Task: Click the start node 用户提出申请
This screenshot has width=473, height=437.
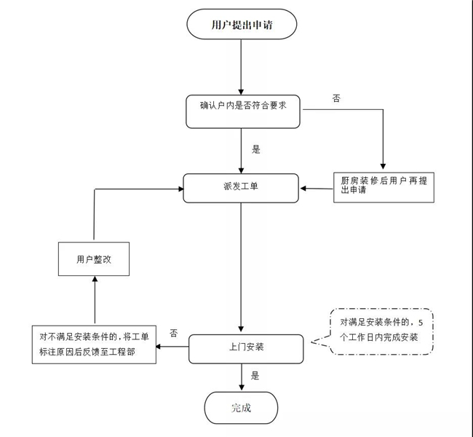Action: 242,25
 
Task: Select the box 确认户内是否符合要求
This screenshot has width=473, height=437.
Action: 241,111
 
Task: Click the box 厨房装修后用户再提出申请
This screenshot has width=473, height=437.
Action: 383,187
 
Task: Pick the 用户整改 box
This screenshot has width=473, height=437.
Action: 93,259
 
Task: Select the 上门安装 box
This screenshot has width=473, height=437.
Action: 245,348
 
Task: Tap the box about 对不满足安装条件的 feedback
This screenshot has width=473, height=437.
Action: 92,344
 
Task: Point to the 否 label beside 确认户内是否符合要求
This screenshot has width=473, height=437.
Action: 336,98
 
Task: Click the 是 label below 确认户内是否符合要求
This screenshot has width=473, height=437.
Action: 255,149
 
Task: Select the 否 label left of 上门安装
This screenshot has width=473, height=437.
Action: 173,333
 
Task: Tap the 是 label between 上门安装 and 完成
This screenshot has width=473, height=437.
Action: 255,376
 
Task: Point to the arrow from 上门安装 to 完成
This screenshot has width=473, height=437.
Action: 241,377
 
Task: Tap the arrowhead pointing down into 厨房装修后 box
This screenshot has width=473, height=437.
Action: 383,166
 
